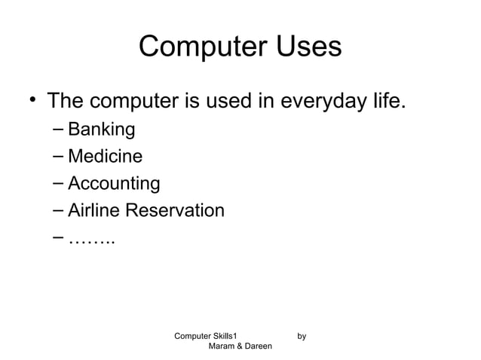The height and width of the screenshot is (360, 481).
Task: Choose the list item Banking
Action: (x=101, y=130)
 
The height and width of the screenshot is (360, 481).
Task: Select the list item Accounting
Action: (x=113, y=184)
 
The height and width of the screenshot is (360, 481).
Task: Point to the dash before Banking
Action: (x=58, y=130)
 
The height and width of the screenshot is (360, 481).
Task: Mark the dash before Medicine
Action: (x=58, y=157)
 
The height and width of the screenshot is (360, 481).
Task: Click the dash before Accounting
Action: (x=58, y=183)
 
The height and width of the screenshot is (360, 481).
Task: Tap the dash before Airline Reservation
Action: (x=58, y=210)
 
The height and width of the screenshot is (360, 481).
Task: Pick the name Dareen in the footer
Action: (x=259, y=346)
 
